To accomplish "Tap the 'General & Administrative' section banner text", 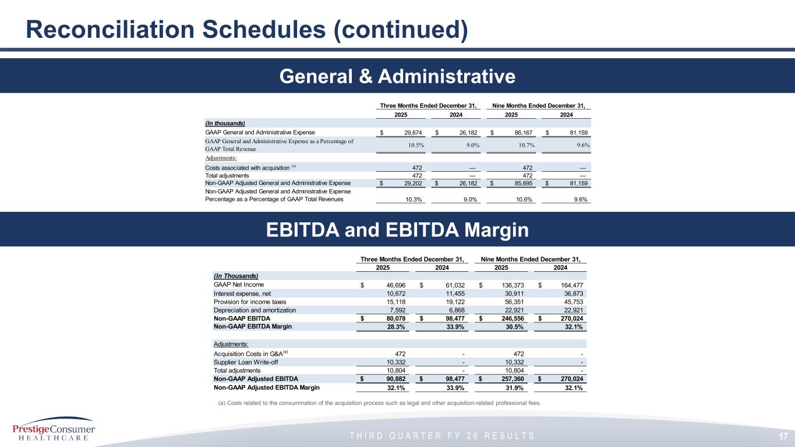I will coord(398,76).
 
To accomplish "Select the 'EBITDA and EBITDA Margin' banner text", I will coord(398,230).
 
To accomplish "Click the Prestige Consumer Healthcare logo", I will coord(54,431).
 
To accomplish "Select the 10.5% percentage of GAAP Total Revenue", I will coord(413,145).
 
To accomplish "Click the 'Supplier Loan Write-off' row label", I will coord(238,362).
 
